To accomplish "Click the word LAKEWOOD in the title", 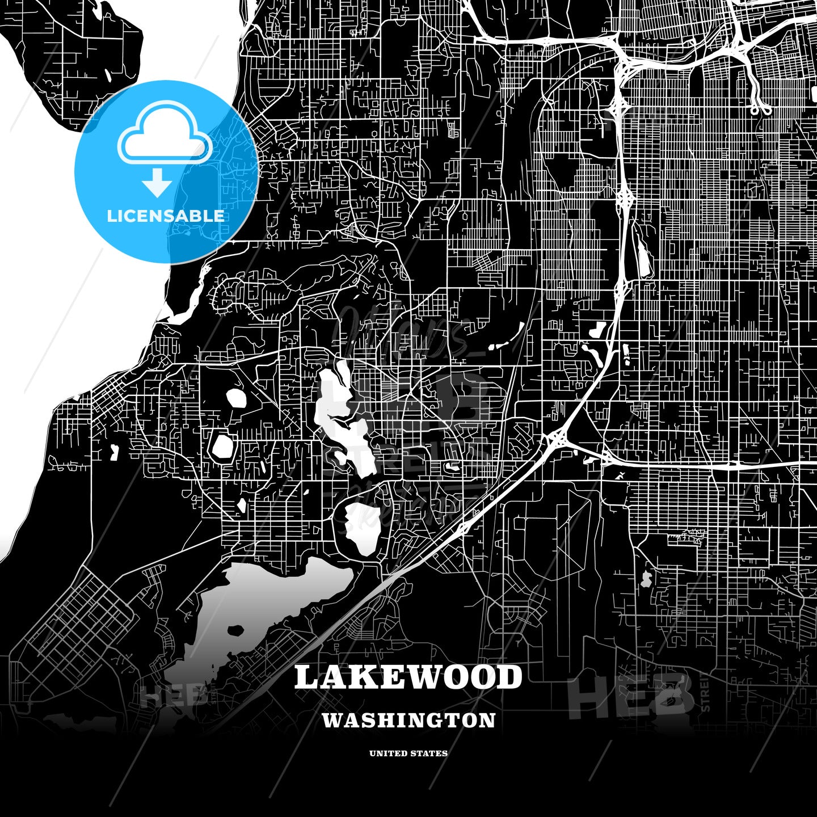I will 408,677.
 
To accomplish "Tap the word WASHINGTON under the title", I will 408,720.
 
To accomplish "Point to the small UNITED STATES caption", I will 408,753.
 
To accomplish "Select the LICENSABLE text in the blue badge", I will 166,216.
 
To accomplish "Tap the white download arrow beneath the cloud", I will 157,183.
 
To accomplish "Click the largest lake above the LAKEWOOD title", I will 267,601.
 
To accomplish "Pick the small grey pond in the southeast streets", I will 646,579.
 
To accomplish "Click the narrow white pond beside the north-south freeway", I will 645,258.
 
